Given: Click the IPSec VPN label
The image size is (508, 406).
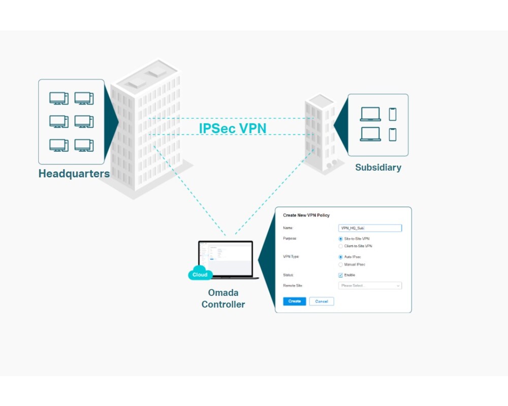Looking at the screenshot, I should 232,128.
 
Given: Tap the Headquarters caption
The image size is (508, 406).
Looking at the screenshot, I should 74,174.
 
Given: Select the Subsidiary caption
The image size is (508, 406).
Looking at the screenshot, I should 378,167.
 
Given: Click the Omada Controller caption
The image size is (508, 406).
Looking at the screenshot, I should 223,298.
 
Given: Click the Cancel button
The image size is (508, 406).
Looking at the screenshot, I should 322,301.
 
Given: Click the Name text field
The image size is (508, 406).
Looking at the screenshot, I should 370,228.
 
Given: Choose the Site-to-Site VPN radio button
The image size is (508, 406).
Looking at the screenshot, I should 341,239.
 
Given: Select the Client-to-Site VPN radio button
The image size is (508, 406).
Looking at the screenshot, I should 341,246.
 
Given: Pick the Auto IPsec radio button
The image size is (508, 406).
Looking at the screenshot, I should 341,257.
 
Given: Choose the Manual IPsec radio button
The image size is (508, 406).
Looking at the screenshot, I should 341,264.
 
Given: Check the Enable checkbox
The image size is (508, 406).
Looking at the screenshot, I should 341,275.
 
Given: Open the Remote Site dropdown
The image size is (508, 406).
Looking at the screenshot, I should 370,286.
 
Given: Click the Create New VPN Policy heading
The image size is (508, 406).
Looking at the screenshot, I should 306,215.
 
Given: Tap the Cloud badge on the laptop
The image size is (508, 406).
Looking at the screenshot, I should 200,275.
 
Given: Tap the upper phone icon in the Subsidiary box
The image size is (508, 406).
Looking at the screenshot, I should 392,114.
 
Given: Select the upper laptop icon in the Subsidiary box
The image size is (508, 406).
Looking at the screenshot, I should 370,114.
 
